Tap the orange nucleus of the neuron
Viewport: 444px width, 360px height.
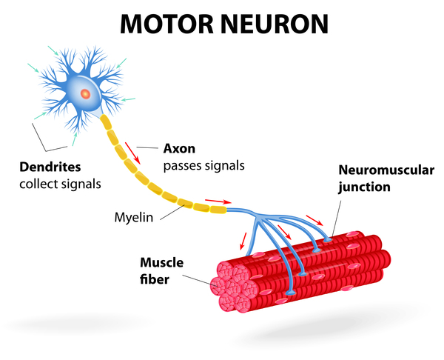[x=86, y=94]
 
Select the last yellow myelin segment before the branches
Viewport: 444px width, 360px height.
[x=218, y=210]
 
